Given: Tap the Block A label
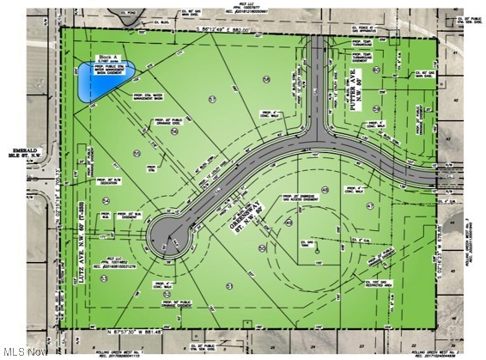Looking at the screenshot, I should tap(108, 58).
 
